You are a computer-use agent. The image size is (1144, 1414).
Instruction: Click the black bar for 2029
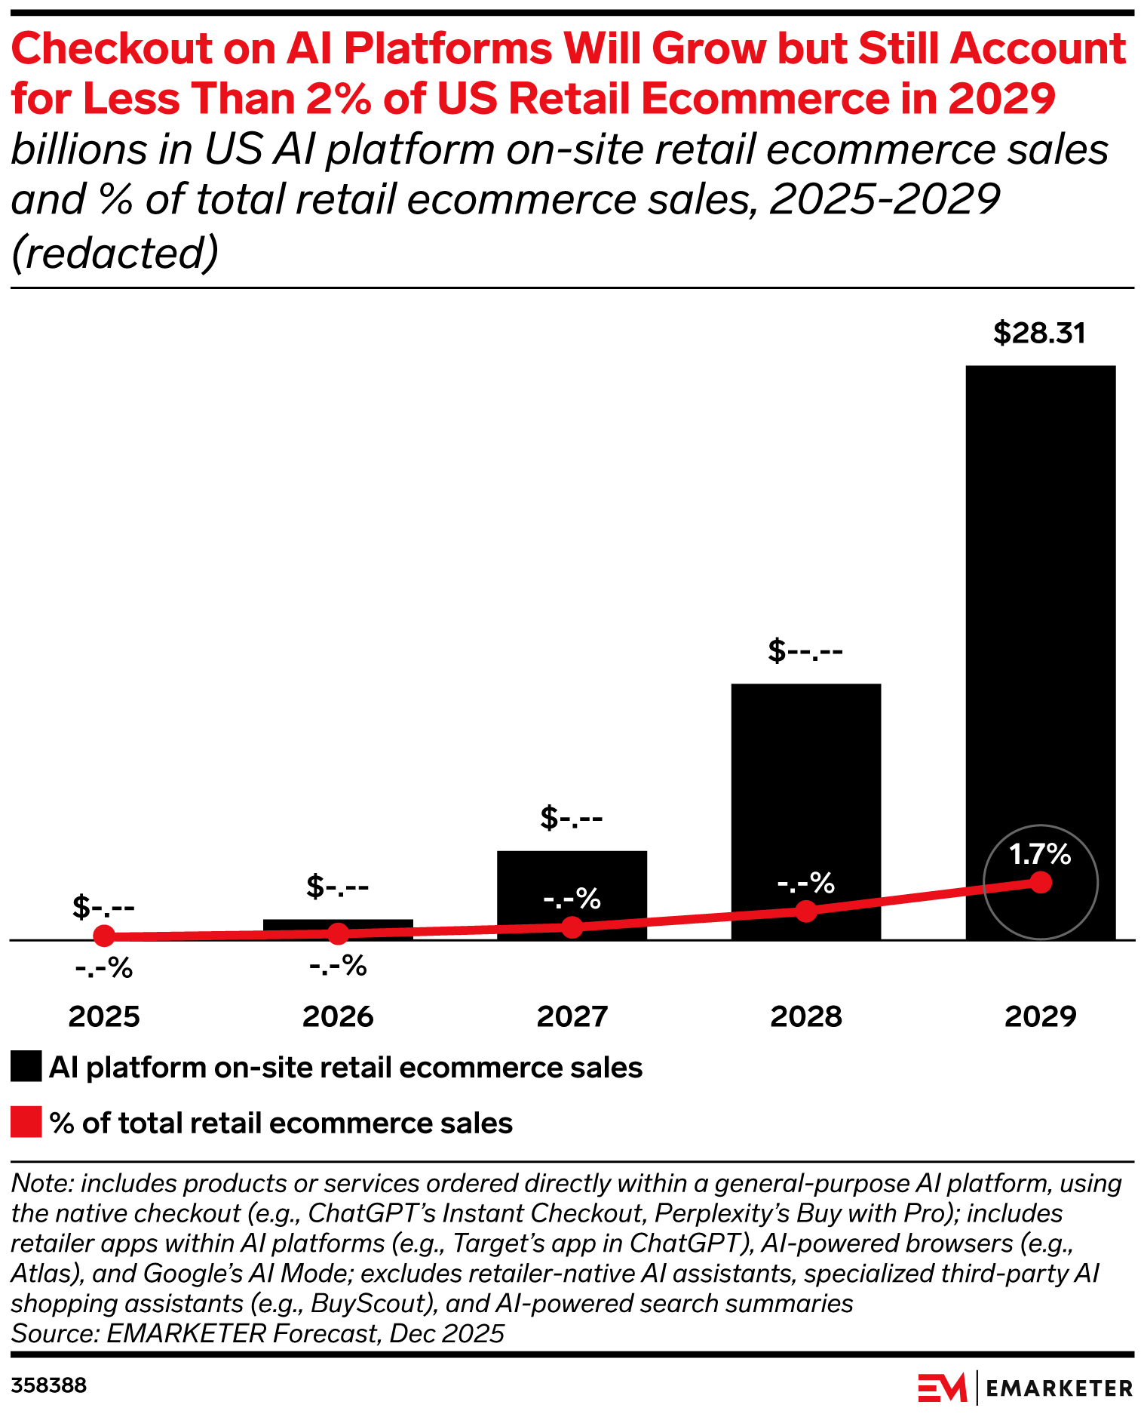point(1040,604)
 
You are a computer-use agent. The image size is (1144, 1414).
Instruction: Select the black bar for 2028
point(805,792)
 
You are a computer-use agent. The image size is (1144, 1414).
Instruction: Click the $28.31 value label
point(1039,333)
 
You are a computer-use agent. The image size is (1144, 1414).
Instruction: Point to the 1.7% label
point(1040,854)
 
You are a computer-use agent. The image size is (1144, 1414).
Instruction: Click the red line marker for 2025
point(104,936)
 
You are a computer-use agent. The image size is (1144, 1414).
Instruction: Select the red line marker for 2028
point(806,911)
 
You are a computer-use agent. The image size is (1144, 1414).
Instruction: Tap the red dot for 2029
point(1041,882)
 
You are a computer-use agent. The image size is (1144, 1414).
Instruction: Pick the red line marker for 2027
point(572,927)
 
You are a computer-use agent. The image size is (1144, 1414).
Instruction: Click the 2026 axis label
point(338,1017)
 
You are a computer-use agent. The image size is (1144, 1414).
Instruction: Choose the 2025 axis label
point(104,1017)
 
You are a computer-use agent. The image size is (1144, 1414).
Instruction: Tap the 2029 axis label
point(1040,1017)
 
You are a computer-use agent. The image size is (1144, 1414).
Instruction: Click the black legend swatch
point(26,1067)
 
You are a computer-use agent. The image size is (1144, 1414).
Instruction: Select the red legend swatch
point(26,1122)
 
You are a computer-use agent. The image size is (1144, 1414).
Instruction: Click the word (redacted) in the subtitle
point(115,253)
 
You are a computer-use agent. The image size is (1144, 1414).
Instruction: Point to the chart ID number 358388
point(49,1385)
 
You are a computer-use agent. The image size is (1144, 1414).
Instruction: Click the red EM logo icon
point(942,1388)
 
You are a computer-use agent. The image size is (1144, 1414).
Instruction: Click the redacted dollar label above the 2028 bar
point(805,650)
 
